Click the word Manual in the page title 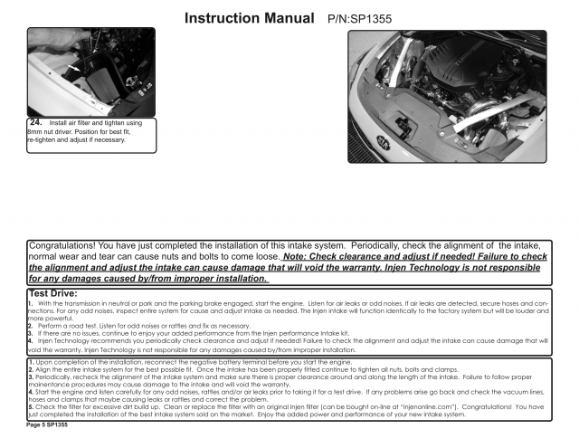[x=272, y=17]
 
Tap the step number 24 [x=37, y=121]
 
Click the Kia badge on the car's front [x=384, y=140]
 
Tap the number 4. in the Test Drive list [x=32, y=340]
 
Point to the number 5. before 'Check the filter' [x=31, y=406]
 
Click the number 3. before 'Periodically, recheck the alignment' [x=31, y=377]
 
